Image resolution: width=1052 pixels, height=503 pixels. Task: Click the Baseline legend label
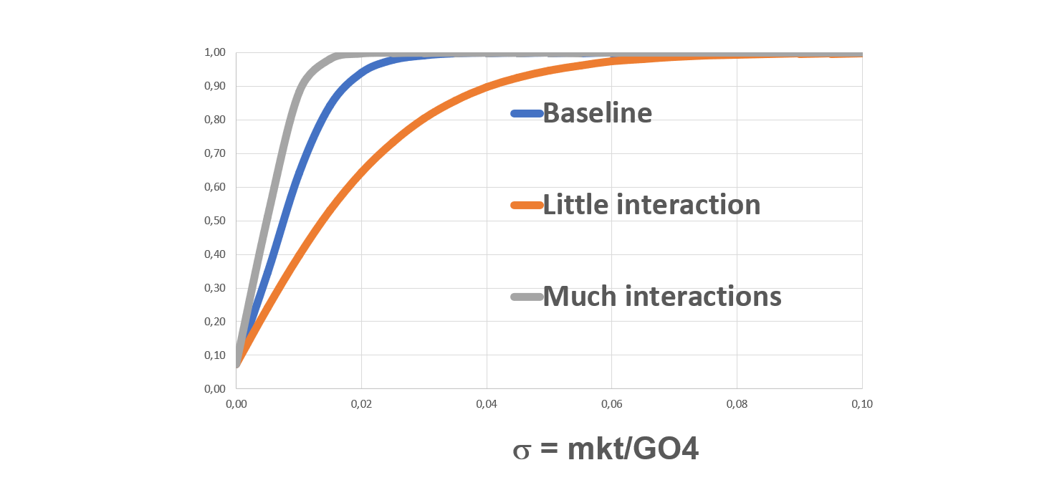click(597, 113)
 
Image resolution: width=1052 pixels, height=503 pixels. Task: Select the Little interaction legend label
click(651, 205)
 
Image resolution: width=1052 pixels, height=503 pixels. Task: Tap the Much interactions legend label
click(661, 296)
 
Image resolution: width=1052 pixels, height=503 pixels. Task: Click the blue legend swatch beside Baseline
click(526, 113)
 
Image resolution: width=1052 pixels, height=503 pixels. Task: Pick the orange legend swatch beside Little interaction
click(526, 206)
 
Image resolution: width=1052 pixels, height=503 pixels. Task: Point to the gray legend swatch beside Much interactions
click(526, 297)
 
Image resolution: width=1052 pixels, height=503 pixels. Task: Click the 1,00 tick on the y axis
click(215, 52)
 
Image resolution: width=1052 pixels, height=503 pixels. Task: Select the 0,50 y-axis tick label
click(215, 221)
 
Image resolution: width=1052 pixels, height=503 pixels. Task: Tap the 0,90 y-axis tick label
click(215, 86)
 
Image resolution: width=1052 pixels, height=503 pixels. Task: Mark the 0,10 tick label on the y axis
click(215, 355)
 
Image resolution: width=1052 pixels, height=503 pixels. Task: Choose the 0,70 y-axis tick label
click(215, 153)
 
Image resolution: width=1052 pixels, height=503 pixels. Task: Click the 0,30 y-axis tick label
click(215, 288)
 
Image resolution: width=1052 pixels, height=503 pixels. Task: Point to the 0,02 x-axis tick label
click(361, 404)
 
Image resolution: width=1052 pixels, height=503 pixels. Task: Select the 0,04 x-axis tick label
click(487, 404)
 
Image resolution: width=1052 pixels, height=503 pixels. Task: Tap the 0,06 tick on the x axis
click(611, 404)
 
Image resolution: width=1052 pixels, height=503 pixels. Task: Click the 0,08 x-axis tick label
click(737, 404)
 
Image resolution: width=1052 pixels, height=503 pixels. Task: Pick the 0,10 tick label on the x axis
click(861, 404)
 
